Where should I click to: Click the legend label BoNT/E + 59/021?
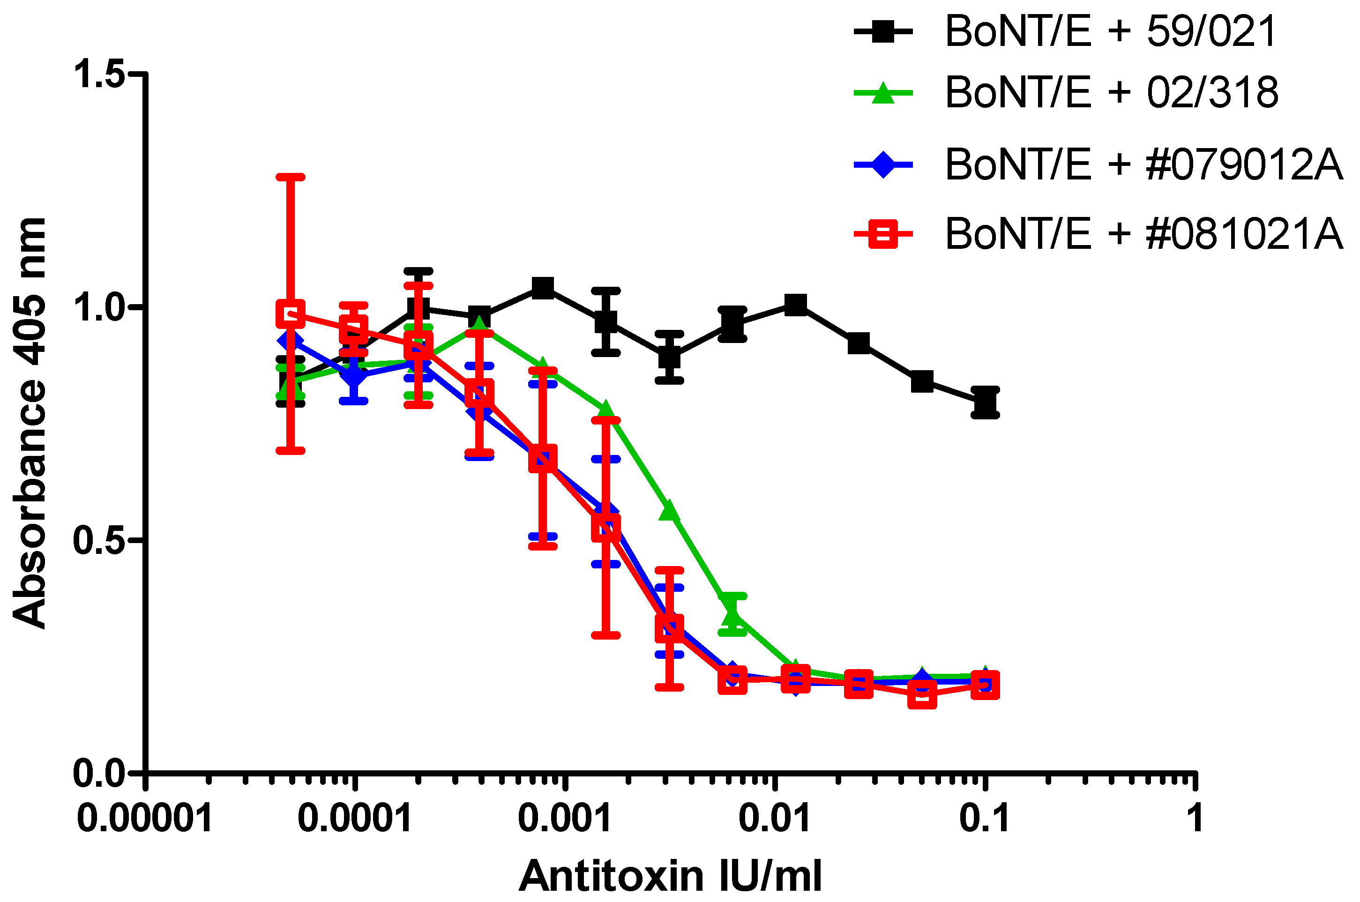(1110, 32)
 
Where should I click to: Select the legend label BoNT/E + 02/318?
(1112, 93)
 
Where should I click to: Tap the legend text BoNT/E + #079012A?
(1143, 165)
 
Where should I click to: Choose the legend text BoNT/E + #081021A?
(1143, 234)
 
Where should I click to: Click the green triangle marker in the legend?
(882, 93)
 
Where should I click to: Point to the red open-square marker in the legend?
(882, 234)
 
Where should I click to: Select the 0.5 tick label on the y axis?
(99, 540)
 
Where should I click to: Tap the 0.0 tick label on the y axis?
(99, 774)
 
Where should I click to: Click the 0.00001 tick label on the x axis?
(145, 819)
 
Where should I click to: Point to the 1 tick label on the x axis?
(1196, 819)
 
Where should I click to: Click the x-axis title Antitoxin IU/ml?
(670, 876)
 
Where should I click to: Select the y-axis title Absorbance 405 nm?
(29, 423)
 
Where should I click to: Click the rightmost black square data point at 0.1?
(985, 402)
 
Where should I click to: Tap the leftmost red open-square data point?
(291, 313)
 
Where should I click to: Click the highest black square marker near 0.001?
(543, 288)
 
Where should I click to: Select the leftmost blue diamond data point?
(291, 341)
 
